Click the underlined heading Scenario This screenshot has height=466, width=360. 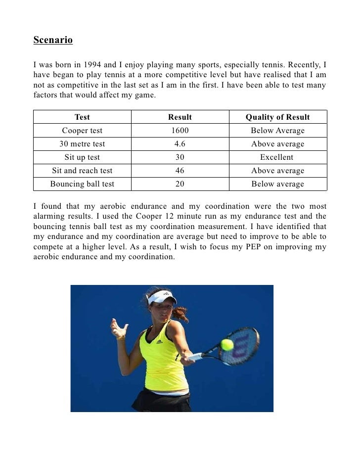coord(53,40)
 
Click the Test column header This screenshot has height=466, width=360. coord(82,117)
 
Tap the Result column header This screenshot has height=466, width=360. coord(180,117)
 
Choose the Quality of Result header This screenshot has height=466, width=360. coord(277,117)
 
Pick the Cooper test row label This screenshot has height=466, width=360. coord(82,131)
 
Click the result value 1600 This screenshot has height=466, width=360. coord(180,131)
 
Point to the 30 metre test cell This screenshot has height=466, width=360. coord(82,144)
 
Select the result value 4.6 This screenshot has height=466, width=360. coord(180,144)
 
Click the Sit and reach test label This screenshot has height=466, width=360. coord(82,171)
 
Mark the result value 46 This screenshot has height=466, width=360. coord(180,171)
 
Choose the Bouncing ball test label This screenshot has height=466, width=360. coord(82,184)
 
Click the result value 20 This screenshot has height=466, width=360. coord(180,184)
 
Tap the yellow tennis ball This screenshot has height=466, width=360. coord(227,344)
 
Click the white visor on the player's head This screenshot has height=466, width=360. coord(162,297)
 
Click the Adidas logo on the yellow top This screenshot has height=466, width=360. coord(160,342)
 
